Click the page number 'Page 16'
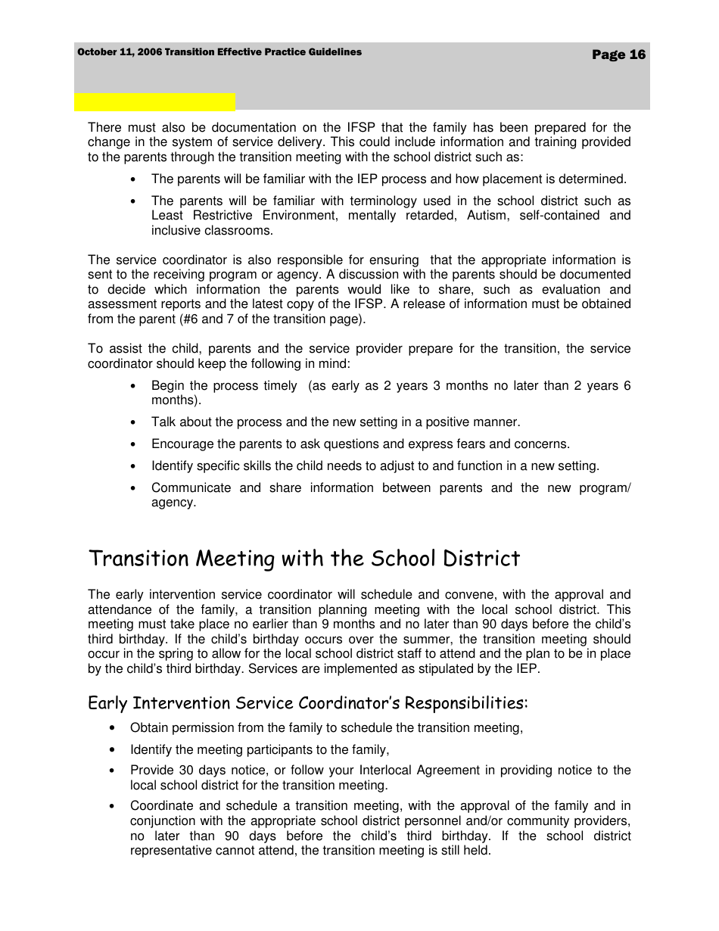tap(618, 54)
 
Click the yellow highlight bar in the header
tap(154, 102)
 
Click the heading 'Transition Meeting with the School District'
tap(304, 559)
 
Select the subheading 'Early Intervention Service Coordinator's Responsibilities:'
tap(307, 703)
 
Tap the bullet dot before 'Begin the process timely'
tap(133, 387)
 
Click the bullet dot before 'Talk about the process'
tap(133, 423)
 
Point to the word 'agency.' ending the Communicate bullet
tap(173, 502)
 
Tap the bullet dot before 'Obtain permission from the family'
tap(112, 729)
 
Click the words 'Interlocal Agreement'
tap(419, 770)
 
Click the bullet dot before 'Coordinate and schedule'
tap(112, 807)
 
